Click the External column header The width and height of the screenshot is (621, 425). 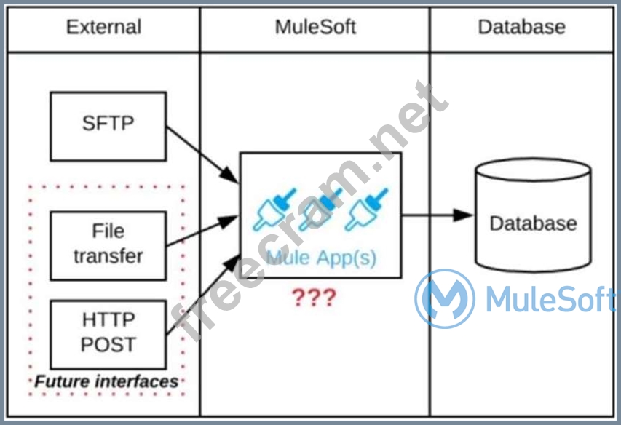103,28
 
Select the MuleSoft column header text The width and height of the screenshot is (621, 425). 315,28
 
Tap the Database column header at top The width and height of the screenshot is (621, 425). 521,28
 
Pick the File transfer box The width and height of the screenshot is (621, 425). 108,244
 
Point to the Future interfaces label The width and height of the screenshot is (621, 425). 107,381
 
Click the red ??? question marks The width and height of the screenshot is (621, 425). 314,298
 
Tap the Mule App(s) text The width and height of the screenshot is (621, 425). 321,258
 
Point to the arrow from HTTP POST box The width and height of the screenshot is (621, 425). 204,295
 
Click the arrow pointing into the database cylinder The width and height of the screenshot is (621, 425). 437,215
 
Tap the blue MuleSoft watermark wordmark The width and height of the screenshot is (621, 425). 550,299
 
